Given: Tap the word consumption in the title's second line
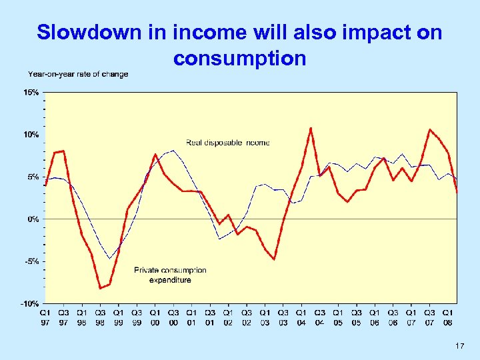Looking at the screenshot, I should pyautogui.click(x=239, y=59).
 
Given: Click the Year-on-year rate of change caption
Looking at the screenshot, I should pyautogui.click(x=78, y=74).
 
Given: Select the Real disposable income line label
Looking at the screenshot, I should pyautogui.click(x=227, y=143).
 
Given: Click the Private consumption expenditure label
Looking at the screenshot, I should pyautogui.click(x=170, y=275).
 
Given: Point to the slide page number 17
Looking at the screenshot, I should pyautogui.click(x=459, y=347).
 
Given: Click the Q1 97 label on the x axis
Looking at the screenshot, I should pyautogui.click(x=45, y=317).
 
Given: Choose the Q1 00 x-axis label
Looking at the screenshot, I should pyautogui.click(x=155, y=317).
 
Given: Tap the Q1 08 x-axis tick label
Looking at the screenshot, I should pyautogui.click(x=448, y=317).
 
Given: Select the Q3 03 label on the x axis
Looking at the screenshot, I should pyautogui.click(x=283, y=317).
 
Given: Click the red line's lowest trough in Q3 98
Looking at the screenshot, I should pyautogui.click(x=100, y=288).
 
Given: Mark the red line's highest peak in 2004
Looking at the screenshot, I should pyautogui.click(x=311, y=128).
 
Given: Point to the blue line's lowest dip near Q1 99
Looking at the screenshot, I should pyautogui.click(x=109, y=258).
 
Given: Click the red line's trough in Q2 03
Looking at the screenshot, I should pyautogui.click(x=274, y=259).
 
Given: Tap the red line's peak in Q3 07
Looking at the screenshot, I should pyautogui.click(x=430, y=129).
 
